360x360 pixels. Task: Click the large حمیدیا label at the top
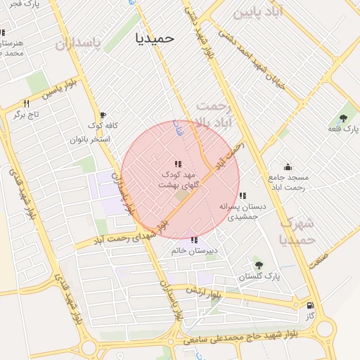[154, 38]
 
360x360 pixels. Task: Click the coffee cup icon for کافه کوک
[103, 115]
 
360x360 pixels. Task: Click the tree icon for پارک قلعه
[343, 118]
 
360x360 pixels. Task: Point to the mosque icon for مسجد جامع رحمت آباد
[287, 167]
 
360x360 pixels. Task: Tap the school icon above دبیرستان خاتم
[194, 240]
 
